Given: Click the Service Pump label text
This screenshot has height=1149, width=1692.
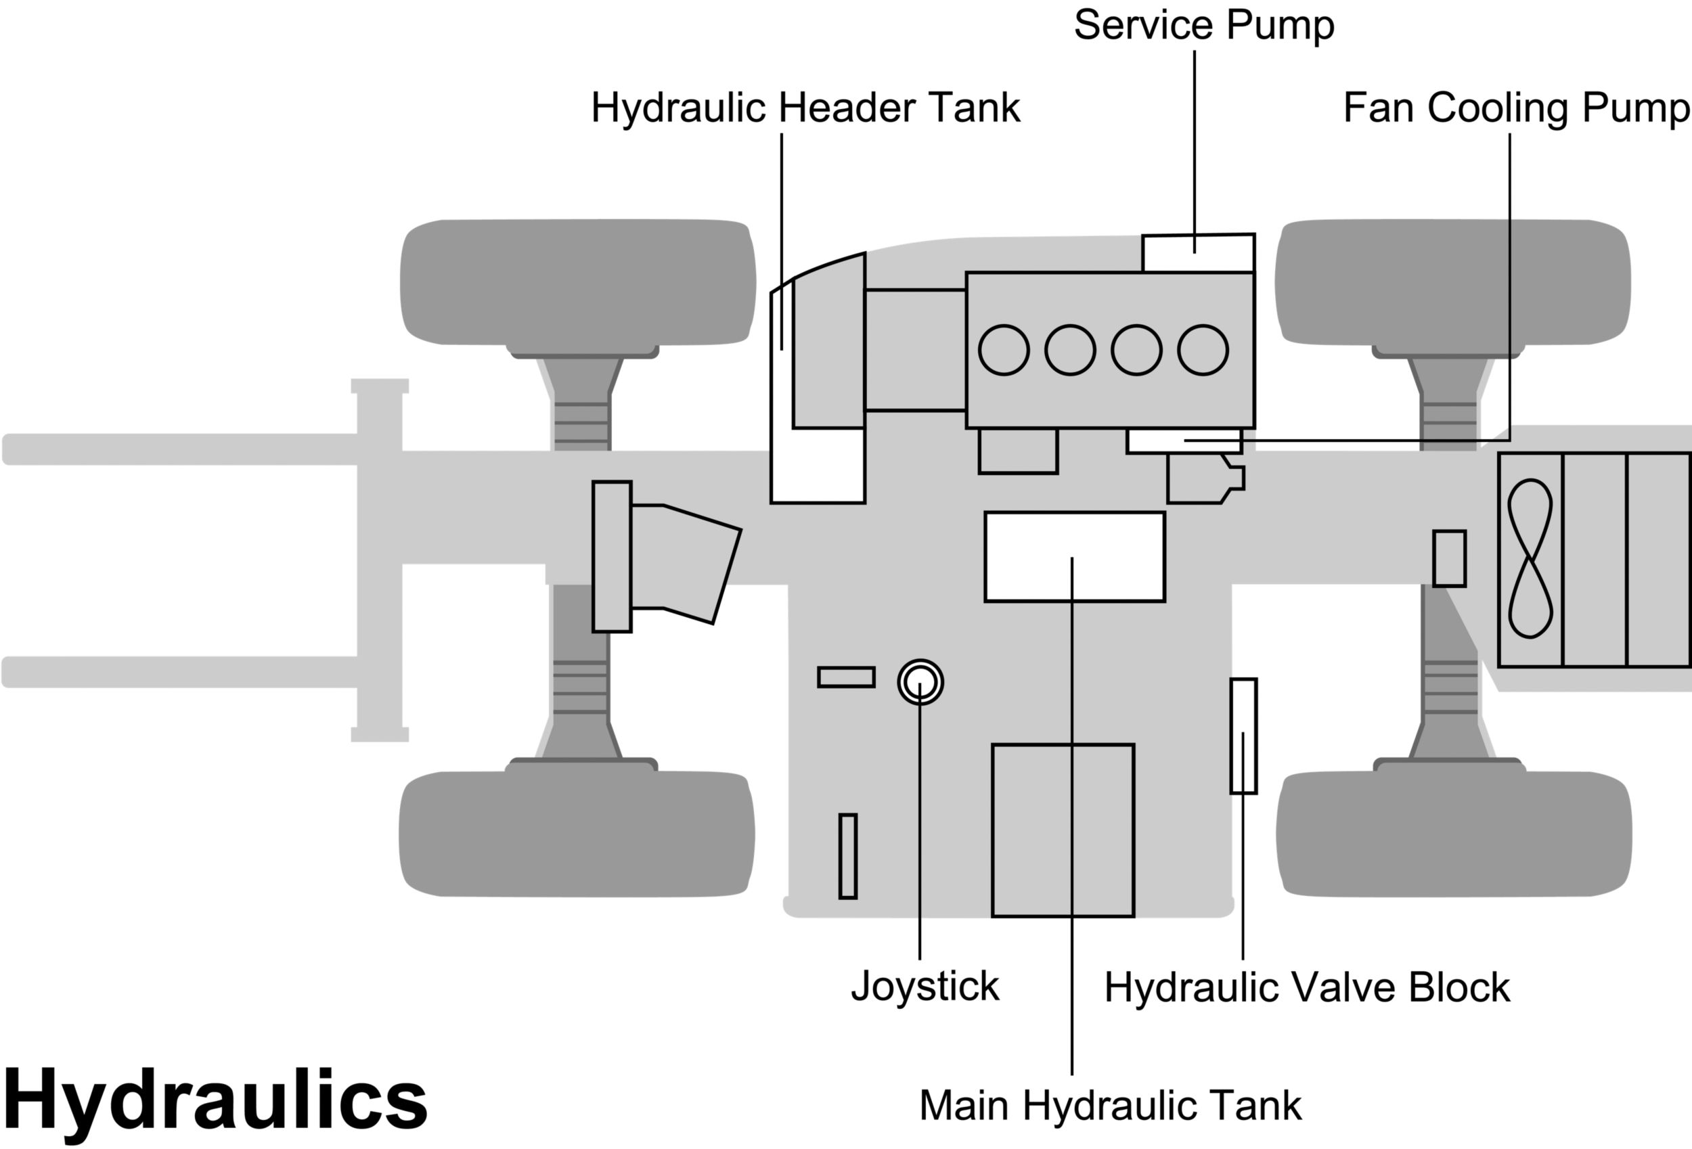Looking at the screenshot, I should (1203, 26).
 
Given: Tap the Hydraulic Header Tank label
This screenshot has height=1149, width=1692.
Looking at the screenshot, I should (805, 108).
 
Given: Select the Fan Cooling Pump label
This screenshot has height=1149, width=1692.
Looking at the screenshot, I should (1516, 108).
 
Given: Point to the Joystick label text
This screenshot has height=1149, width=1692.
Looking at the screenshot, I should (925, 987).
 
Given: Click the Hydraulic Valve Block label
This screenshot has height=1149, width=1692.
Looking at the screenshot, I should (1307, 988).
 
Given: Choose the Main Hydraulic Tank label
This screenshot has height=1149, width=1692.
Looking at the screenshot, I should (1110, 1105).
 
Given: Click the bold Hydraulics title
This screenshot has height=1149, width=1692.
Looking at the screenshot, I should (215, 1100).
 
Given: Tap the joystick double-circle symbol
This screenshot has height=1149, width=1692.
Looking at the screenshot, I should (920, 682).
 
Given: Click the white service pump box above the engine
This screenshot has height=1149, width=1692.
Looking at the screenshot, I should (1198, 252).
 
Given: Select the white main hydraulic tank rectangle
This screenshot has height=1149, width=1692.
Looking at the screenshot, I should (1074, 557).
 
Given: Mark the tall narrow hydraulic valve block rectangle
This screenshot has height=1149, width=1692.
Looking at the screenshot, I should (1243, 736).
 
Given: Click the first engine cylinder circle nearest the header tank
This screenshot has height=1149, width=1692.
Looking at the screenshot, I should (1004, 351).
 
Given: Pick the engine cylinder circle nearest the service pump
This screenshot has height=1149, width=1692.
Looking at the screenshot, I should (1203, 351).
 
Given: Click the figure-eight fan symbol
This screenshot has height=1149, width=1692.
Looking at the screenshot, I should (1530, 558).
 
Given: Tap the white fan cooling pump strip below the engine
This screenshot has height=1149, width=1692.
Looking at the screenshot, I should (1183, 441).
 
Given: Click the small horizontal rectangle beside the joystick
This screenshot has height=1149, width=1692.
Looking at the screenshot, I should (846, 677).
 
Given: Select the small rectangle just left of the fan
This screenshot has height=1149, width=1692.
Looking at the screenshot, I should (1450, 558).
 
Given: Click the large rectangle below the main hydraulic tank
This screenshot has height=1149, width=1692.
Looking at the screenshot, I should (1063, 830).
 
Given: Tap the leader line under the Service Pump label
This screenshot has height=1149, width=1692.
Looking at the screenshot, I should (1195, 145).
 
